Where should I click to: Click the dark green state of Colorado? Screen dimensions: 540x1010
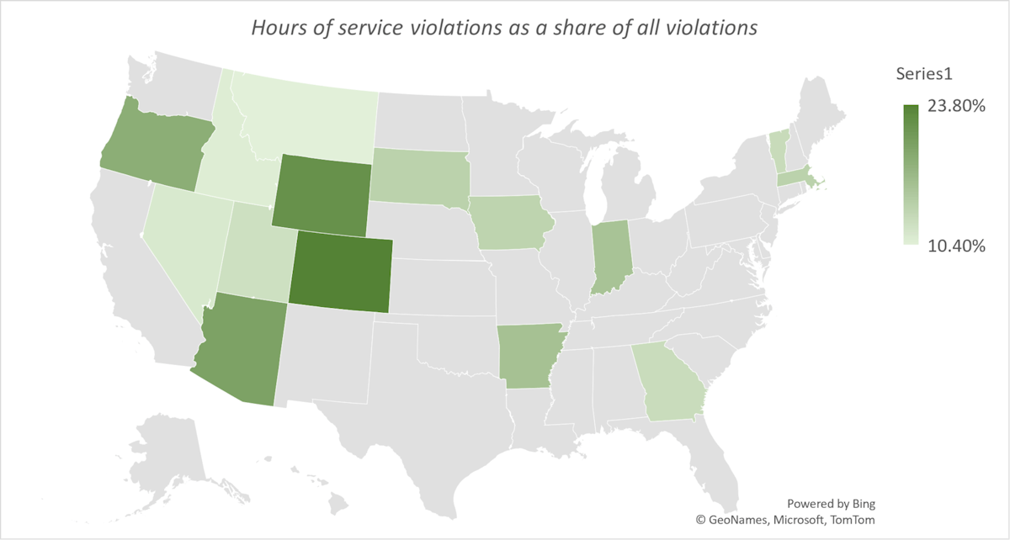(340, 273)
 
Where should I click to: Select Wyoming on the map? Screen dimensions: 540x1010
(320, 194)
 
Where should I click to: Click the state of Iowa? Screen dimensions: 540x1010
(512, 224)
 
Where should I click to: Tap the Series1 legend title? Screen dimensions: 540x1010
(923, 73)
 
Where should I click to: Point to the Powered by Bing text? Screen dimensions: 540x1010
(831, 504)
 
